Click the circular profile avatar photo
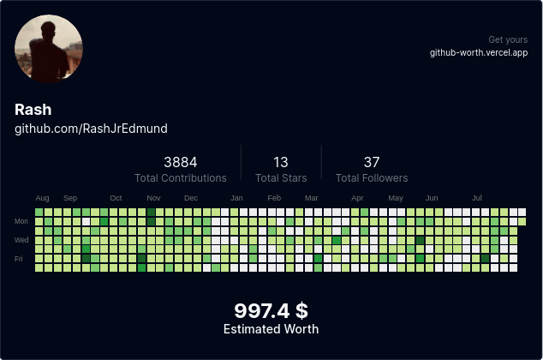coord(49,49)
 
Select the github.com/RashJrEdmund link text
coord(91,129)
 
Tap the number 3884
coord(181,162)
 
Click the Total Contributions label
coord(181,178)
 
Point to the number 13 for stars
coord(281,162)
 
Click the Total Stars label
coord(281,178)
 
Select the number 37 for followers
coord(372,162)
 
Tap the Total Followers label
coord(372,178)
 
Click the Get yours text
coord(508,40)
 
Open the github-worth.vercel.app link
coord(479,53)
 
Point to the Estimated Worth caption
coord(271,329)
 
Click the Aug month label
coord(42,198)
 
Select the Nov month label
coord(153,198)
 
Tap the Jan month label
coord(236,198)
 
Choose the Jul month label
coord(477,198)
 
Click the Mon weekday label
coord(21,221)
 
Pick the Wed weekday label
coord(21,240)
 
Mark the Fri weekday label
coord(19,258)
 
